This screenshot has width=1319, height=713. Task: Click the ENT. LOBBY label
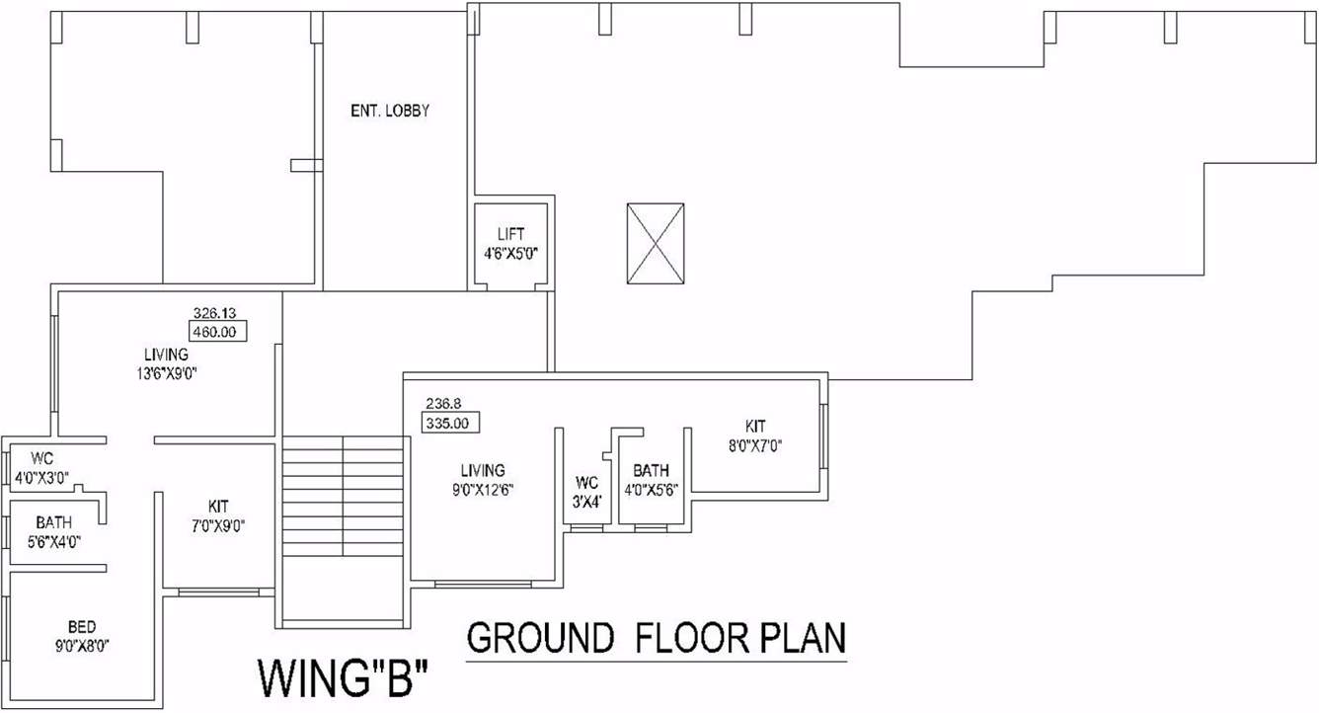390,112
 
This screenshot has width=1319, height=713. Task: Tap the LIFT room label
510,234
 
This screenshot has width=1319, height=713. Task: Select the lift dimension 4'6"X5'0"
510,253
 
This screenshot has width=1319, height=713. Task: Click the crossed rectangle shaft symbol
655,243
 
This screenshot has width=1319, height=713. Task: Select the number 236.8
444,404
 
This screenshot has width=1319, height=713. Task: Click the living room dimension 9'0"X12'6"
483,489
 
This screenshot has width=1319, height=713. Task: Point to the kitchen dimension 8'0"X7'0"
755,444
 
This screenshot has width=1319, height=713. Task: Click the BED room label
82,627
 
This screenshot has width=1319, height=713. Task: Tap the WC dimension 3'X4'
587,501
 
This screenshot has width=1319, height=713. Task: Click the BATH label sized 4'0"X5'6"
651,470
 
